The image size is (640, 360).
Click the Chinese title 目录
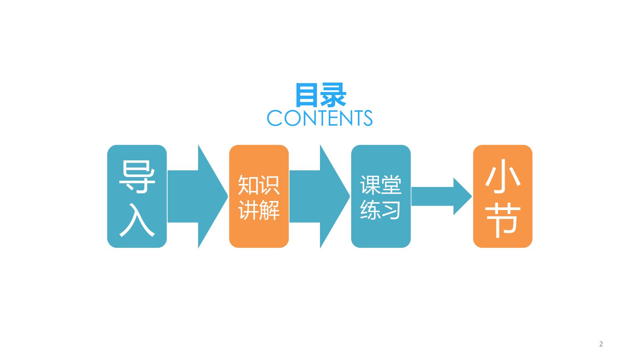[320, 95]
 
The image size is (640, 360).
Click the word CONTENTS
[320, 118]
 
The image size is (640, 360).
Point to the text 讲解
[259, 210]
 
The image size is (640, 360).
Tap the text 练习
[381, 210]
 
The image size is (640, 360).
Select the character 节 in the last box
[503, 220]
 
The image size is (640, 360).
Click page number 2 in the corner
[601, 344]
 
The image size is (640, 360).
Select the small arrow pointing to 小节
[441, 196]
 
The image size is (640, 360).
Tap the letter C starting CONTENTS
[275, 118]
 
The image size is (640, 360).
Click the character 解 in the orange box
[270, 210]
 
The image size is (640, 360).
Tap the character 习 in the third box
[391, 210]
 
